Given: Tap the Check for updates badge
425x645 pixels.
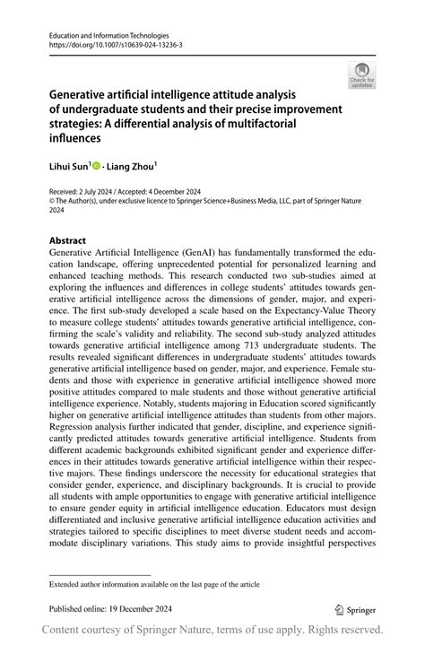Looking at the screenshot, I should [x=361, y=74].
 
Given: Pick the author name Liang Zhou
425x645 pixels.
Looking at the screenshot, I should [x=131, y=167].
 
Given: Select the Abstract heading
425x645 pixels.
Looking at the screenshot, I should [x=67, y=240].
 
